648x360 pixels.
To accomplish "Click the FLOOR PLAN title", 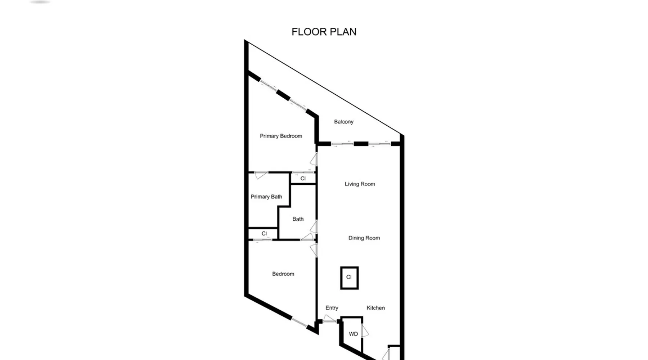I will point(324,32).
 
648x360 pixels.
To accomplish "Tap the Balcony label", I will point(344,122).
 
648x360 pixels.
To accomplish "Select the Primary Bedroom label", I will point(281,136).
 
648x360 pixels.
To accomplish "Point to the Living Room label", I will point(360,184).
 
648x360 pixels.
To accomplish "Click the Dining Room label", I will point(364,238).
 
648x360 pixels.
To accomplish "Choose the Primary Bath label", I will point(266,197).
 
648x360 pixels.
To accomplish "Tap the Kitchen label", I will point(375,308).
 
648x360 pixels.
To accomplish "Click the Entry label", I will point(332,308).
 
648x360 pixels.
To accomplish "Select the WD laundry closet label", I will point(353,334).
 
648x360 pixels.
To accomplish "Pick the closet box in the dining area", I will point(349,278).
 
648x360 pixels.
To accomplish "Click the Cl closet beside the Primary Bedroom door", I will point(303,179).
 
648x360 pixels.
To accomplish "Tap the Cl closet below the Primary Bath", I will point(264,234).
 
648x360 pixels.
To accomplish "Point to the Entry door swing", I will point(329,319).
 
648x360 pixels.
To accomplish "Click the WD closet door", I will point(365,331).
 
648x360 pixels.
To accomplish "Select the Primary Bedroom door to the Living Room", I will point(314,159).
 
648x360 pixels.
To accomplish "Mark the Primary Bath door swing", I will point(261,175).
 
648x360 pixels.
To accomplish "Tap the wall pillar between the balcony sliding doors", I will point(361,144).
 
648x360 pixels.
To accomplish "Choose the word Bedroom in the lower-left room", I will point(283,274).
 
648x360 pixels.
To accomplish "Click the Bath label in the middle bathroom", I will point(298,219).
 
